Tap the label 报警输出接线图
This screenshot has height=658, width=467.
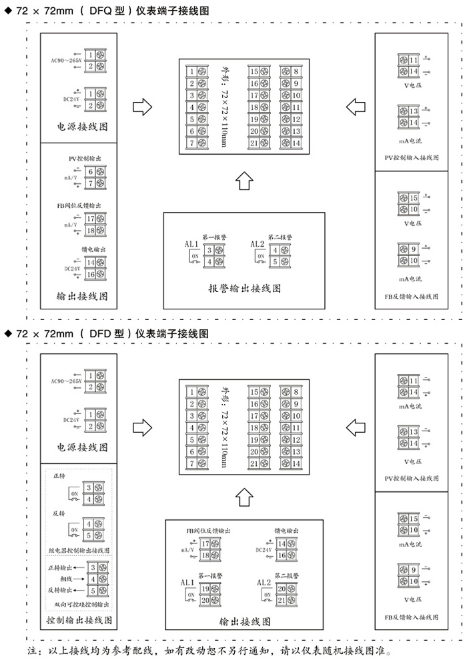(244, 289)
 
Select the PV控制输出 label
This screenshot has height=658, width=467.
(84, 159)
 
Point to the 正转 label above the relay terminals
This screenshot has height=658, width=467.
(59, 477)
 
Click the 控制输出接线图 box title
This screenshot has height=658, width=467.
(79, 620)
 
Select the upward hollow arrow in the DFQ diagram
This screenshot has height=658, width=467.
(245, 180)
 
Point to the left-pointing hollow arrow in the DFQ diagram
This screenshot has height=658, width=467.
(357, 106)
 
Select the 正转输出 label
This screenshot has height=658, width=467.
(62, 567)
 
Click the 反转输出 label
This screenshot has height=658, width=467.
(62, 591)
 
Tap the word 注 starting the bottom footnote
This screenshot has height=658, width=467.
(31, 649)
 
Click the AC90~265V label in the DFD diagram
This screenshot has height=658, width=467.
(66, 381)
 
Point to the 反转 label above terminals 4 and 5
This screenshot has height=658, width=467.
(59, 513)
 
